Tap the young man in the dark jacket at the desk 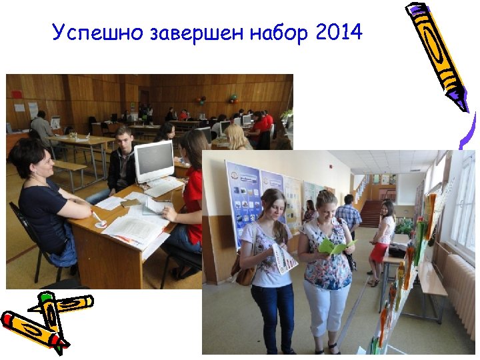(x=121, y=163)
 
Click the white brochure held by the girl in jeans (x=283, y=257)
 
